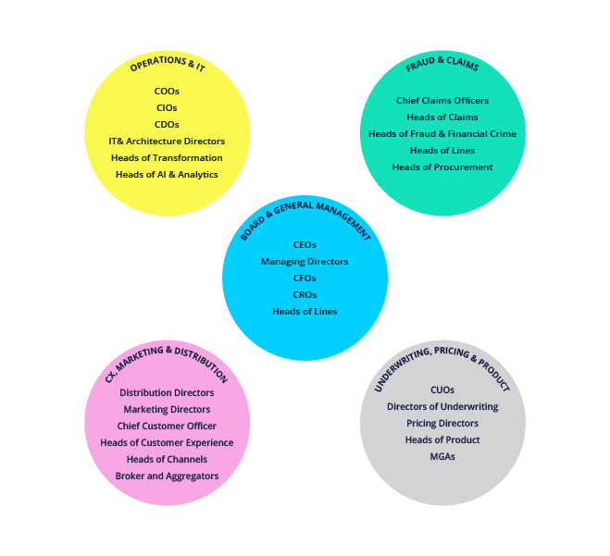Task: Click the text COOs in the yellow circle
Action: coord(167,92)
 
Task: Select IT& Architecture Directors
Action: coord(167,142)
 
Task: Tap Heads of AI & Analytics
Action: coord(167,175)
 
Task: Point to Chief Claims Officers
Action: coord(442,101)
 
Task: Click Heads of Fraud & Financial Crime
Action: coord(442,134)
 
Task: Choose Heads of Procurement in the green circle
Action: coord(442,167)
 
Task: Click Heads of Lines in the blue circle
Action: coord(305,312)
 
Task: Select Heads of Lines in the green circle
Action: coord(442,151)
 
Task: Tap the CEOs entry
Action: coord(305,245)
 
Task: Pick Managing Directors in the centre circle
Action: coord(305,262)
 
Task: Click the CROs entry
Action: coord(305,295)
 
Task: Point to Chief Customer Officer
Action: coord(167,426)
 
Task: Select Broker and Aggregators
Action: coord(167,476)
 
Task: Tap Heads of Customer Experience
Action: coord(167,443)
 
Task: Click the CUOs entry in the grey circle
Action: coord(442,390)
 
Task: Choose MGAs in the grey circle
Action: coord(442,457)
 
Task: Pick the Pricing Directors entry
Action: coord(442,424)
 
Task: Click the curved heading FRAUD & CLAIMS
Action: coord(442,67)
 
